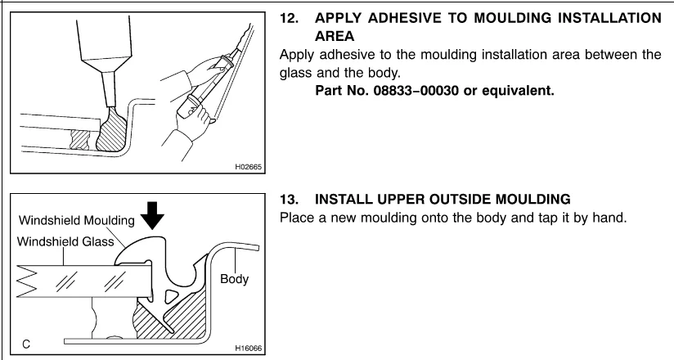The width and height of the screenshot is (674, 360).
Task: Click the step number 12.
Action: point(289,19)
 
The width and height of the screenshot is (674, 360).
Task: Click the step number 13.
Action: point(289,200)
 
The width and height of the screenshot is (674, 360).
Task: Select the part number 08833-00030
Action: point(416,91)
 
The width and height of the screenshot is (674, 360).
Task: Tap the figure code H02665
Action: point(248,167)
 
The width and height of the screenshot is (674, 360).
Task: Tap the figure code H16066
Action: point(248,348)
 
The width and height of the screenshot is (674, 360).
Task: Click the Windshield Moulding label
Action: point(77,221)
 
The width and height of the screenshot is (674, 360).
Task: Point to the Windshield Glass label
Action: point(65,241)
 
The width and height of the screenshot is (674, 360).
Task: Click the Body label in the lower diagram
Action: point(234,279)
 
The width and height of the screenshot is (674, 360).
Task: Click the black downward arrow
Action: point(153,215)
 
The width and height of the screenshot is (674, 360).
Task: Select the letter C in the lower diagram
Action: point(26,344)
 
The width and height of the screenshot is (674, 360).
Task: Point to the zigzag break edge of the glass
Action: point(27,281)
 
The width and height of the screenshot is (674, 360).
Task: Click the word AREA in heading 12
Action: point(335,37)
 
